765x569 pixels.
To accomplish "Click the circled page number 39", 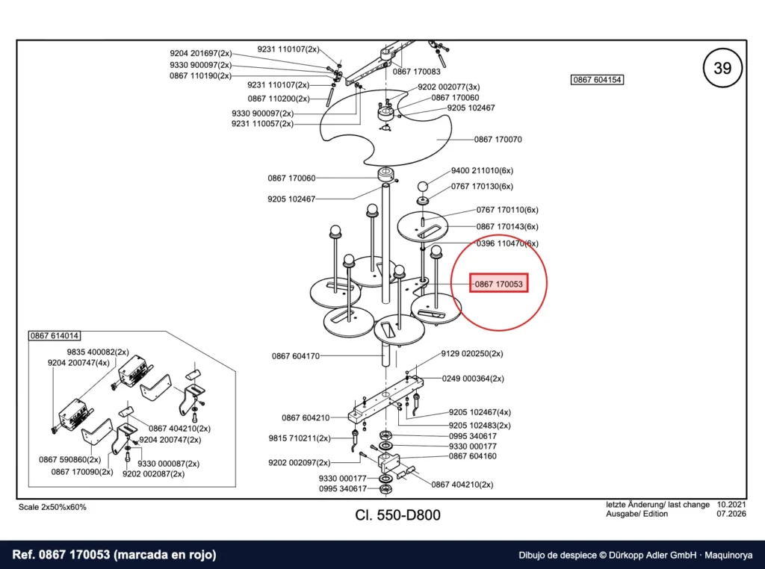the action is point(722,68).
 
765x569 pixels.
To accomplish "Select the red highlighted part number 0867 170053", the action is point(498,284).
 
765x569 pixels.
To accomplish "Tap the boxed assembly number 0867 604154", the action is point(597,79).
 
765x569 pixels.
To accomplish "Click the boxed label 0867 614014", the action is point(54,335).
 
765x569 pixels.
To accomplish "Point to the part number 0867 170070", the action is point(498,140).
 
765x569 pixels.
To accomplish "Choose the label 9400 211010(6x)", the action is point(482,171).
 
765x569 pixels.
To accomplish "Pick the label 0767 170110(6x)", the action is point(507,210).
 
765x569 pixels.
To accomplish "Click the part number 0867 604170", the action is point(296,356).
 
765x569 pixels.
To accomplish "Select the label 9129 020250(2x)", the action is point(472,353).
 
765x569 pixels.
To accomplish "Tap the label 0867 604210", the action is point(306,417).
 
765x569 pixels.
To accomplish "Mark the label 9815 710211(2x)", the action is point(300,438).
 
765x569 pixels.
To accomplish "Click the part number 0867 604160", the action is point(473,456).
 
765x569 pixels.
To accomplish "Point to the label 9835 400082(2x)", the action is point(98,352).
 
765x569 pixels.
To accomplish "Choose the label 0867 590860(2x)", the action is point(69,459).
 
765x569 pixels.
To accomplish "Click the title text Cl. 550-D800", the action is point(397,515).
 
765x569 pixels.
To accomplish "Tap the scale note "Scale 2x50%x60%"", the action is point(52,507).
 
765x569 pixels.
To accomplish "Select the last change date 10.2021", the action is point(731,505).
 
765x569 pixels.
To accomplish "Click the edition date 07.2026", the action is point(731,514).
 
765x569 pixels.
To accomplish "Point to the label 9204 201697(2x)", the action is point(201,53).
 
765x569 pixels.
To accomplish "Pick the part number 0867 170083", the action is point(417,72).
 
